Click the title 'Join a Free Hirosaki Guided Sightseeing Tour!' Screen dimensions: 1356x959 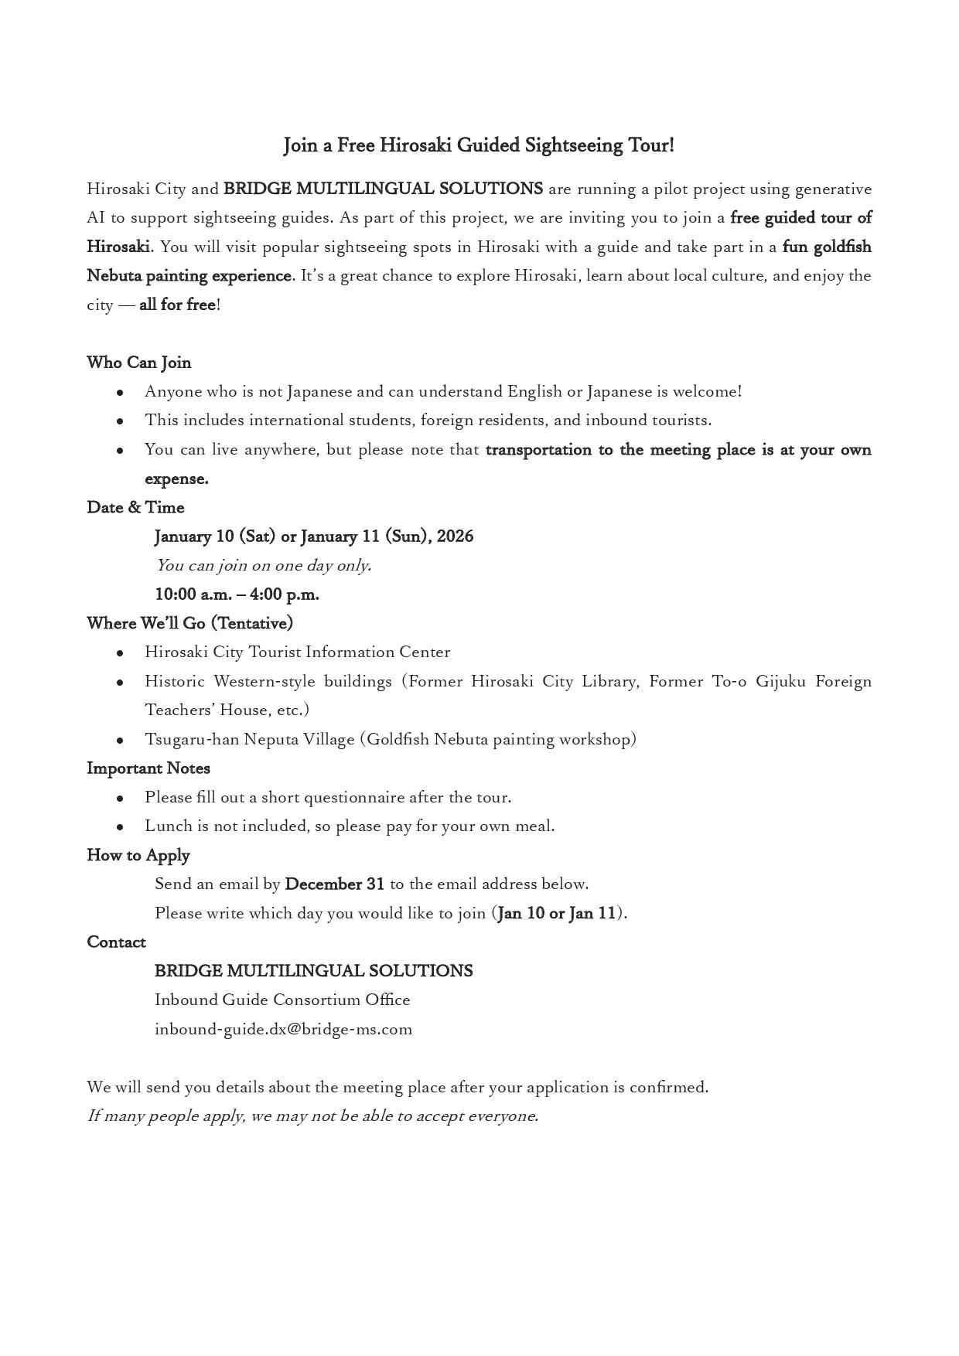[479, 145]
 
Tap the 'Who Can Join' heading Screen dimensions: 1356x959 [139, 363]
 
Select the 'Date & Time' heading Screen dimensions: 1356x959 [135, 507]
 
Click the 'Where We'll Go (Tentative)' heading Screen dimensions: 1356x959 [189, 623]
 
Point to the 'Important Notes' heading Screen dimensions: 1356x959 [148, 768]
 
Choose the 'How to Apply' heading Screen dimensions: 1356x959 [138, 855]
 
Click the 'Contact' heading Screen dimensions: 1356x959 [116, 942]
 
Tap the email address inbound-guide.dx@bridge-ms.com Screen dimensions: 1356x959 [283, 1029]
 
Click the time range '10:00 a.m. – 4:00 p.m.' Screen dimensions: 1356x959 [237, 595]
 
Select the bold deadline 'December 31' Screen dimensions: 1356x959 [334, 884]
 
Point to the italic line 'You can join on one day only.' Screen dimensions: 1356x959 [263, 565]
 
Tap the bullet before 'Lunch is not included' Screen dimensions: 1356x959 [120, 827]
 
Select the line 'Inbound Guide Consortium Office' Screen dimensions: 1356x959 [282, 1000]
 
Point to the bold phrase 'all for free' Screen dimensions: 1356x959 [177, 305]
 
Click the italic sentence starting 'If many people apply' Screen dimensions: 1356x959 [312, 1116]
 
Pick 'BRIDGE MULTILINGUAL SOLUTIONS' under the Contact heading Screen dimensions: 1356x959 [313, 971]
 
